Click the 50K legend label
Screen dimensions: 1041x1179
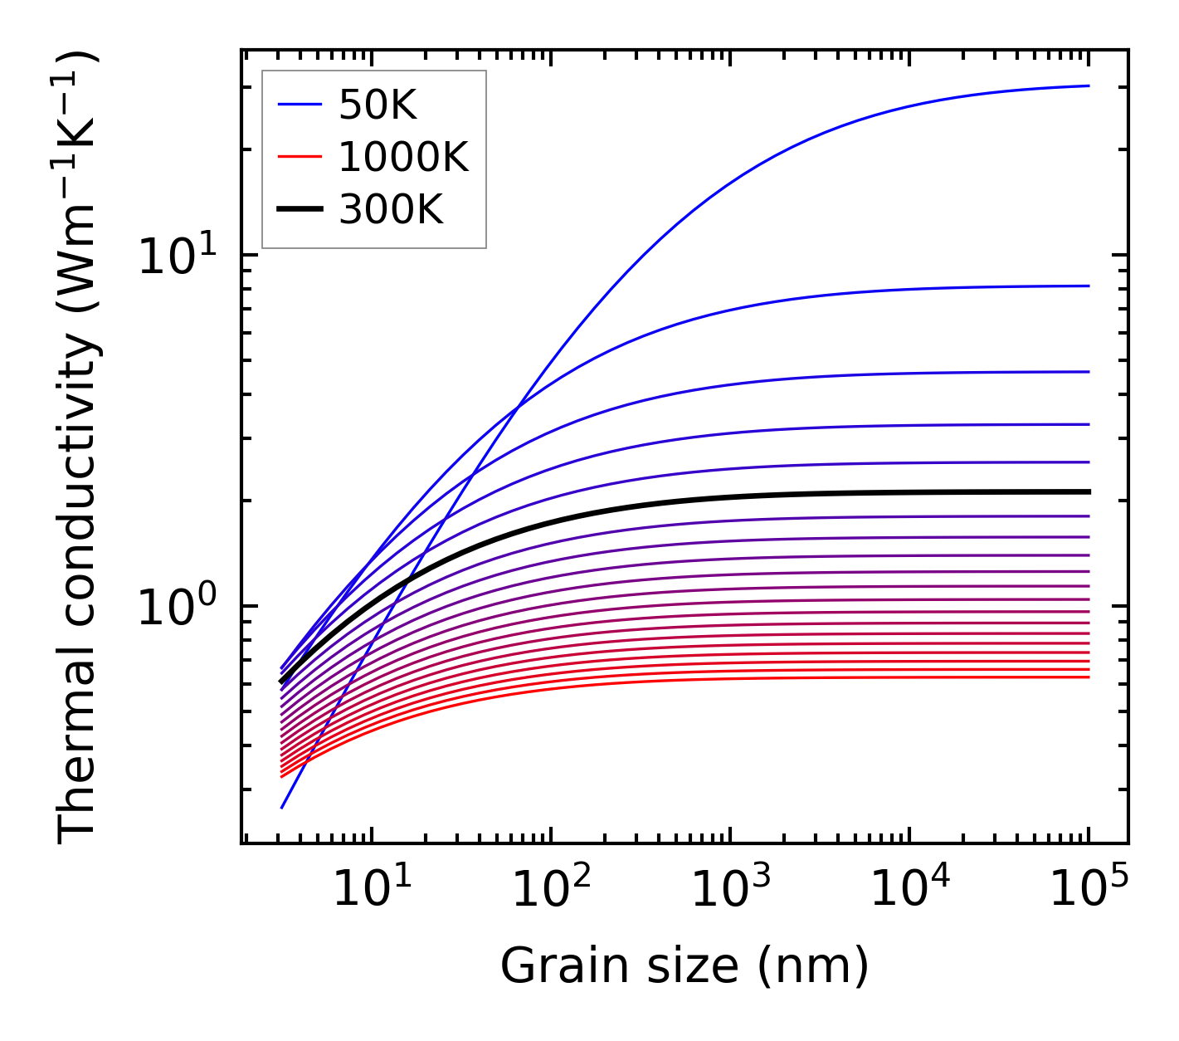tap(378, 105)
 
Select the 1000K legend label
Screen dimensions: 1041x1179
tap(404, 157)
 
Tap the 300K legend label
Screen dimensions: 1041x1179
tap(391, 209)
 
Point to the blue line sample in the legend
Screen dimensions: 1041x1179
tap(299, 105)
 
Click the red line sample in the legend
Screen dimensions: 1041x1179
tap(299, 157)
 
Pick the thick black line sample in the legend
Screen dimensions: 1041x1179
tap(299, 209)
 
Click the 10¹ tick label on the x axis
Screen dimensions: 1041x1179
tap(371, 890)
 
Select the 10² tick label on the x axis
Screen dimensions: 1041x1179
tap(550, 890)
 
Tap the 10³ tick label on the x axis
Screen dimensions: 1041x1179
tap(729, 890)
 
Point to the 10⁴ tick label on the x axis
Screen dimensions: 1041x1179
tap(909, 890)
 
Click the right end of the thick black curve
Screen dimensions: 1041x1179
tap(1088, 492)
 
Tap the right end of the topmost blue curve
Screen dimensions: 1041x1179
tap(1088, 86)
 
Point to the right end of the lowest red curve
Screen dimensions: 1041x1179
tap(1088, 677)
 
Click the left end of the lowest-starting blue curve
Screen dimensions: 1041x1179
tap(283, 807)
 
